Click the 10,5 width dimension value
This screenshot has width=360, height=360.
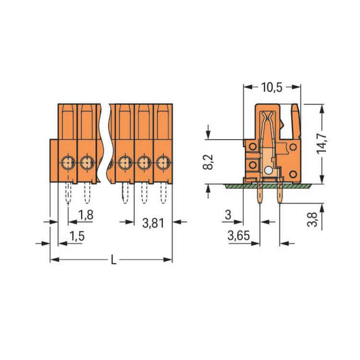272,87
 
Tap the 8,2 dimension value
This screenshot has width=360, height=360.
208,162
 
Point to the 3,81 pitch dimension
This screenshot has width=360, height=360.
153,223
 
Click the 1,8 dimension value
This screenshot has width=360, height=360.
85,215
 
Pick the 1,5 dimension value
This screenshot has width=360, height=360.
77,236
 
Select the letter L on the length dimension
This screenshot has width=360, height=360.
113,260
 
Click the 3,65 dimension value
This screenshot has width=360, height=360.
239,236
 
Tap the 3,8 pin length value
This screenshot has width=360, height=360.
312,219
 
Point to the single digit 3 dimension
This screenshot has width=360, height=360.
228,215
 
